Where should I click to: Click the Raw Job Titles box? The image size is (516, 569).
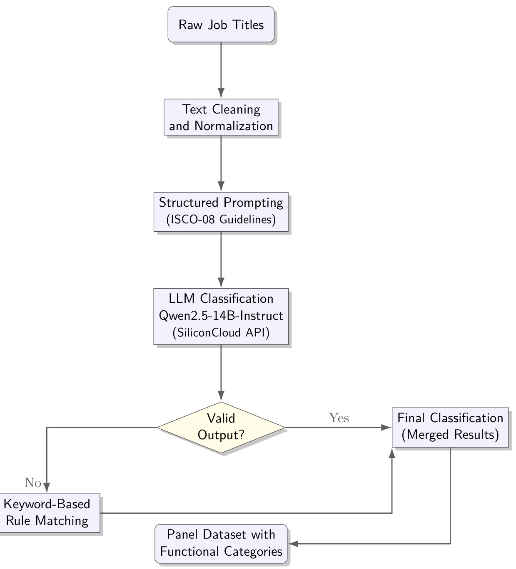point(221,24)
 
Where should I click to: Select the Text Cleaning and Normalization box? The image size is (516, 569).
point(221,117)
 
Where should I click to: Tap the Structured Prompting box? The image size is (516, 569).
point(221,211)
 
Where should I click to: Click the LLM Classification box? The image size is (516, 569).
point(221,316)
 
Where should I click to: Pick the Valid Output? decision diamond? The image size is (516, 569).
point(221,427)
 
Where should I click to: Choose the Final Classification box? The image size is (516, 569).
point(450,427)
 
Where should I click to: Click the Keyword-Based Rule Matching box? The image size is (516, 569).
point(47,512)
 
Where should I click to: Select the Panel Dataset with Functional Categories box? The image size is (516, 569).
point(221,543)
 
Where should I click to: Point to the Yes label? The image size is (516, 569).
point(339,418)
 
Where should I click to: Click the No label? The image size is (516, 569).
point(33,482)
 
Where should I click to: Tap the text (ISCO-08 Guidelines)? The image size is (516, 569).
point(221,220)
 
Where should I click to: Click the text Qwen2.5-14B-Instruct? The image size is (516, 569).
point(221,316)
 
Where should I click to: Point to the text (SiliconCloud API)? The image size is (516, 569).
point(221,333)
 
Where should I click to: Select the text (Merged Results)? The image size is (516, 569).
point(450,435)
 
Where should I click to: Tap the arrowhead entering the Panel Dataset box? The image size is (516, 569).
point(293,544)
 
